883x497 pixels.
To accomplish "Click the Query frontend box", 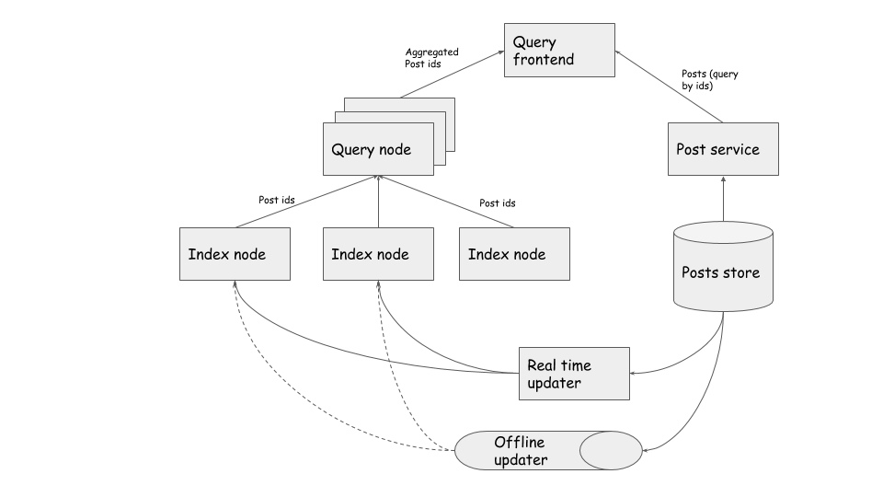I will pyautogui.click(x=559, y=51).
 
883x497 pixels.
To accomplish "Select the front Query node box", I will pyautogui.click(x=377, y=150).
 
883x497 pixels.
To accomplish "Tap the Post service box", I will pyautogui.click(x=722, y=149).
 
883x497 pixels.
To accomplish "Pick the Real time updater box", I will pyautogui.click(x=574, y=374).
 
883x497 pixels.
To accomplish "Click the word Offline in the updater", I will pyautogui.click(x=519, y=443).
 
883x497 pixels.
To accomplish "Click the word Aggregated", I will pyautogui.click(x=431, y=52).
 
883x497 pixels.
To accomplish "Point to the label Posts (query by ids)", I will pyautogui.click(x=709, y=80).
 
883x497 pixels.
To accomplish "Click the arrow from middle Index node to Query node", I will pyautogui.click(x=378, y=202).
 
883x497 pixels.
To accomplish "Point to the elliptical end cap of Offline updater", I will pyautogui.click(x=611, y=451).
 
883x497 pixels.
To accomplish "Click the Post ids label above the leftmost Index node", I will pyautogui.click(x=276, y=200).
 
